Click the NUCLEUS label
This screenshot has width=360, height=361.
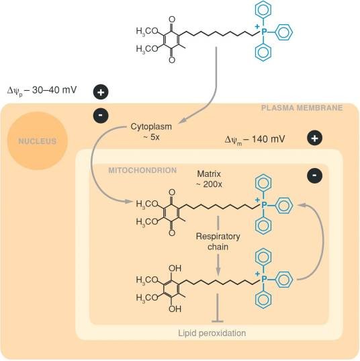click(x=37, y=141)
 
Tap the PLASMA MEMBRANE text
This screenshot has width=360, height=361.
click(x=302, y=108)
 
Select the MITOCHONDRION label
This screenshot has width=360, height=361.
click(x=142, y=170)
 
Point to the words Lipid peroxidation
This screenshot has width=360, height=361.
click(x=212, y=333)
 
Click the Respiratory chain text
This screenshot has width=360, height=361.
click(x=218, y=241)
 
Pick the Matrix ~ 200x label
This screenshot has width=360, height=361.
click(x=209, y=179)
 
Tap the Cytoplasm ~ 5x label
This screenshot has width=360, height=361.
click(x=151, y=132)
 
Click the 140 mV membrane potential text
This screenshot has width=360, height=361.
click(x=255, y=140)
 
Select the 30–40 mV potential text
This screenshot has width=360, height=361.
click(x=42, y=90)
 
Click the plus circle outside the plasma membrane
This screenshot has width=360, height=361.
click(x=101, y=92)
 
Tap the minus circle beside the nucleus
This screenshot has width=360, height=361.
click(x=101, y=115)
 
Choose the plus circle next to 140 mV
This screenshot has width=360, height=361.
click(x=315, y=138)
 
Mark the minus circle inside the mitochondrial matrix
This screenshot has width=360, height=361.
click(x=315, y=175)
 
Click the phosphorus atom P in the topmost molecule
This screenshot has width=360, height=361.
click(x=263, y=32)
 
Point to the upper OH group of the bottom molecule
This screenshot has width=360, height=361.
click(x=175, y=268)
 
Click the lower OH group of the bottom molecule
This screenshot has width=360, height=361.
click(x=175, y=309)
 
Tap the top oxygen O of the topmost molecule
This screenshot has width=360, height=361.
click(x=172, y=19)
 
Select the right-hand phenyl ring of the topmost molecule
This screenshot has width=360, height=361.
click(x=283, y=32)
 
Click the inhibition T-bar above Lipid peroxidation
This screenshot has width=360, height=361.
click(x=218, y=308)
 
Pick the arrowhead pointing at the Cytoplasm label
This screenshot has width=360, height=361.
click(x=183, y=120)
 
